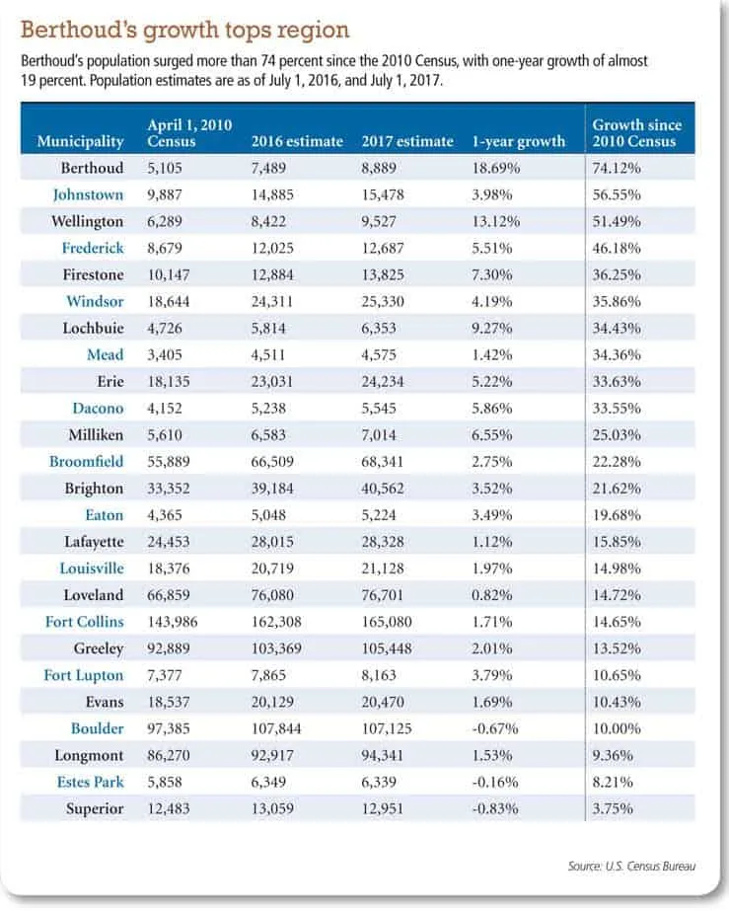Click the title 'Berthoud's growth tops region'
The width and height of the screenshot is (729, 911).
coord(184,30)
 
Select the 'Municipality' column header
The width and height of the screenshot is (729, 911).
coord(80,141)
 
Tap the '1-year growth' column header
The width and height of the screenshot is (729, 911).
coord(518,141)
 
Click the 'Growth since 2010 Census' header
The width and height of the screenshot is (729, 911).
coord(636,133)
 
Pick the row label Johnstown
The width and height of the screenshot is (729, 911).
coord(89,194)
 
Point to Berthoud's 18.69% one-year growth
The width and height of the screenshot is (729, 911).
coord(495,168)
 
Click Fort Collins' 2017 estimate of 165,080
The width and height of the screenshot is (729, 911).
coord(387,622)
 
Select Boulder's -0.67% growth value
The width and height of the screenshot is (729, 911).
coord(494,728)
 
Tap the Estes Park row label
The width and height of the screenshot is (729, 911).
coord(90,782)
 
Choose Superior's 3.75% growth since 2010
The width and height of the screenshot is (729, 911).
coord(613,808)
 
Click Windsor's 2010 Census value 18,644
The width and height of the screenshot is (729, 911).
coord(168,302)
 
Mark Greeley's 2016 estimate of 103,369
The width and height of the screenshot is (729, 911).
coord(276,648)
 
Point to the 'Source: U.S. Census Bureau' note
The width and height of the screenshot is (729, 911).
coord(631,867)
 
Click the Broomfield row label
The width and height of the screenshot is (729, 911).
coord(86,462)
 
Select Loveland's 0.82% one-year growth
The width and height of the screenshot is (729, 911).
coord(491,595)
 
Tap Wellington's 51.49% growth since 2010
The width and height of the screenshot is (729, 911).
coord(617,221)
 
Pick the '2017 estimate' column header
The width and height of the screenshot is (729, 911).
coord(407,141)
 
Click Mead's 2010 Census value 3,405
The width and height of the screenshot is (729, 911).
coord(165,355)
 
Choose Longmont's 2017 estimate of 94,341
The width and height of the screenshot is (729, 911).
coord(382,755)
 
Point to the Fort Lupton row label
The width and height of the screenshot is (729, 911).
coord(84,676)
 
